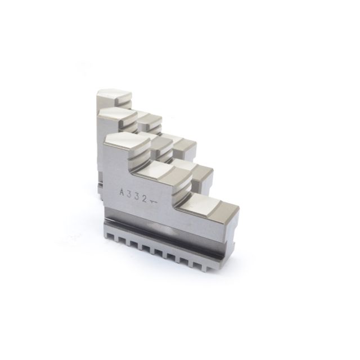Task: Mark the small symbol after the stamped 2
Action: click(152, 202)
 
